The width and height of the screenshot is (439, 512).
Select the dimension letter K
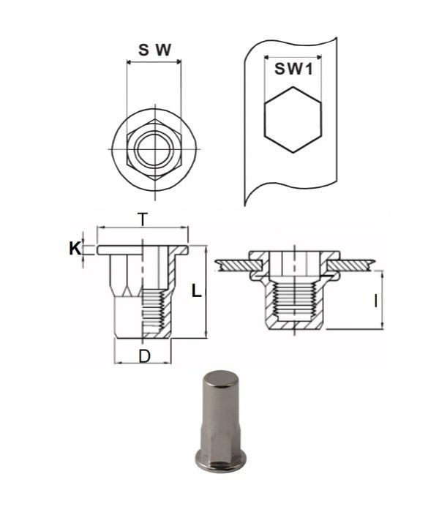[x=75, y=249]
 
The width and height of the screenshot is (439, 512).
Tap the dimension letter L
[x=195, y=290]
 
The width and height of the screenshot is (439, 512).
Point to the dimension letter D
[x=144, y=356]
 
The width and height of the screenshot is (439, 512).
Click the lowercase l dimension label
[x=375, y=300]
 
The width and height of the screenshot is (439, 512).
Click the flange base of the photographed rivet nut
[x=218, y=462]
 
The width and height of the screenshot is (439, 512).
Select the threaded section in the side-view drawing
[x=154, y=311]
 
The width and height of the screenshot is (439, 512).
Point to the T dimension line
[x=143, y=228]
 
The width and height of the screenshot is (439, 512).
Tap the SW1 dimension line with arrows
[x=293, y=56]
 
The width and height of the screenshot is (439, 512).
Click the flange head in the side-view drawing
[x=143, y=250]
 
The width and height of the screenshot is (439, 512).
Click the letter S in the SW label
[x=144, y=50]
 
